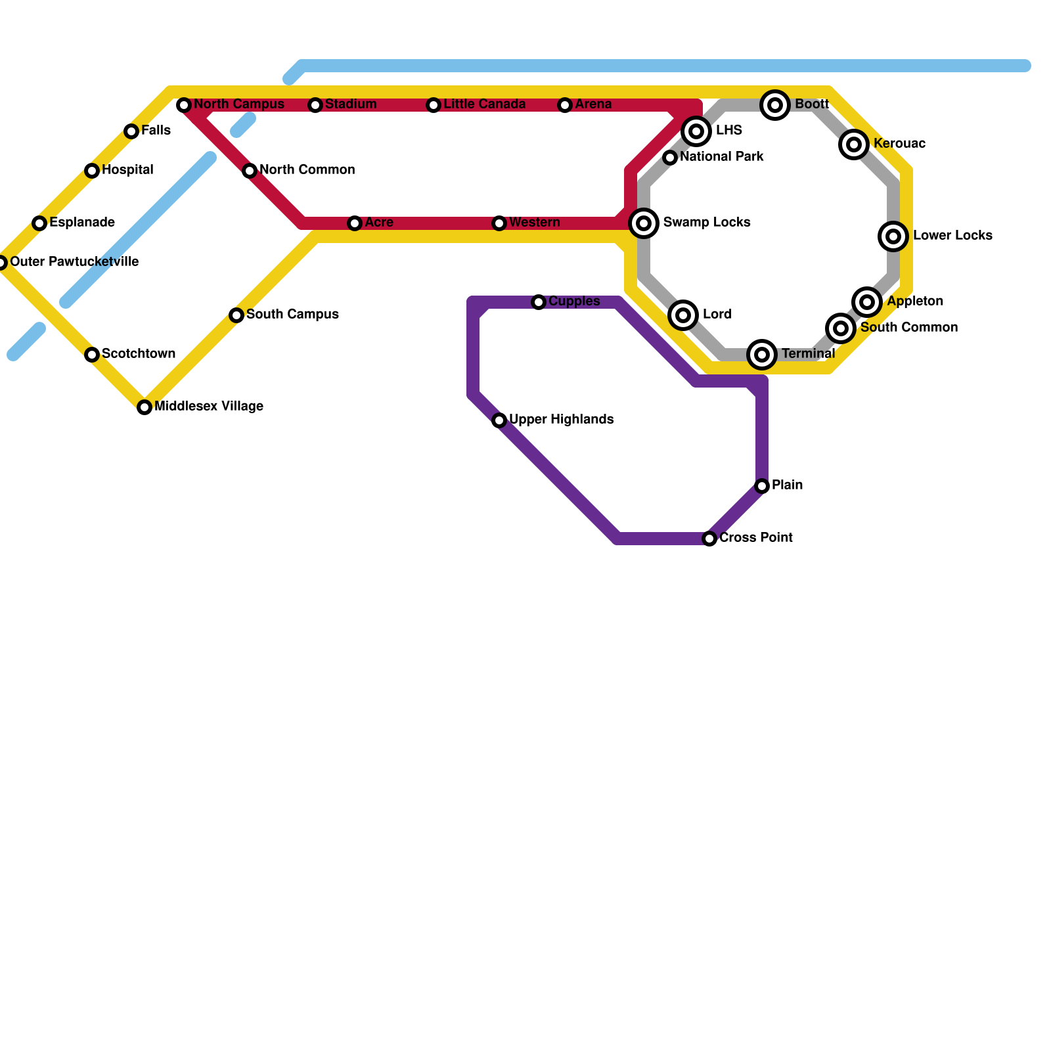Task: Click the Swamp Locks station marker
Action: point(644,223)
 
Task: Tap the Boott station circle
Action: point(775,105)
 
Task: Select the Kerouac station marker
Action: point(854,145)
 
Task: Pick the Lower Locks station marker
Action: point(893,236)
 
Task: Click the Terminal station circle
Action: point(762,355)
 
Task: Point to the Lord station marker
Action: point(683,315)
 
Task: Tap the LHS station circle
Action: point(696,131)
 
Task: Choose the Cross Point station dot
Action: point(709,539)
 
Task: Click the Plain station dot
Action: point(762,486)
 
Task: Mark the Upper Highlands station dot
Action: point(499,420)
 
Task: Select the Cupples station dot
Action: point(539,302)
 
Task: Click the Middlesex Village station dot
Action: point(145,407)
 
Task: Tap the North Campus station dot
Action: point(184,105)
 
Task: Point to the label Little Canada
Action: point(484,104)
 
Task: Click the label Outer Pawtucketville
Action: point(74,262)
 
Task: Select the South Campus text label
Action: point(292,315)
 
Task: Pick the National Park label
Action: point(721,157)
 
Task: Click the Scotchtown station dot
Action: point(92,355)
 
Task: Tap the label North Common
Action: point(307,170)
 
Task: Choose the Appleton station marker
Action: point(867,302)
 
